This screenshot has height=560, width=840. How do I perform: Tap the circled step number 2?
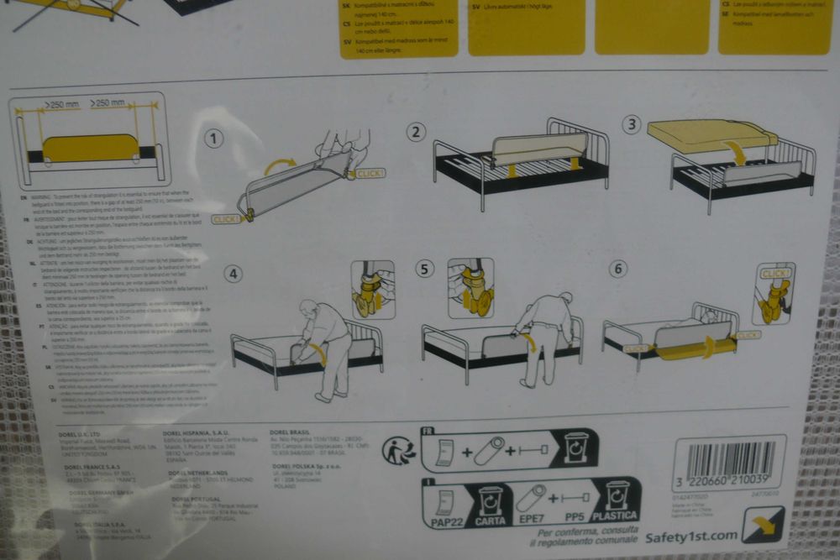pyautogui.click(x=417, y=132)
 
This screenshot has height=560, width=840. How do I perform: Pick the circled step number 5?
pyautogui.click(x=427, y=269)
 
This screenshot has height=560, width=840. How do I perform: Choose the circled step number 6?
pyautogui.click(x=619, y=268)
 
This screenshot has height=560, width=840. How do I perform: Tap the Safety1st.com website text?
pyautogui.click(x=691, y=535)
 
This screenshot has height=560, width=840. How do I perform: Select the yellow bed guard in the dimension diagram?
pyautogui.click(x=91, y=148)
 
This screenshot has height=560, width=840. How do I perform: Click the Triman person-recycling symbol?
pyautogui.click(x=399, y=451)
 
